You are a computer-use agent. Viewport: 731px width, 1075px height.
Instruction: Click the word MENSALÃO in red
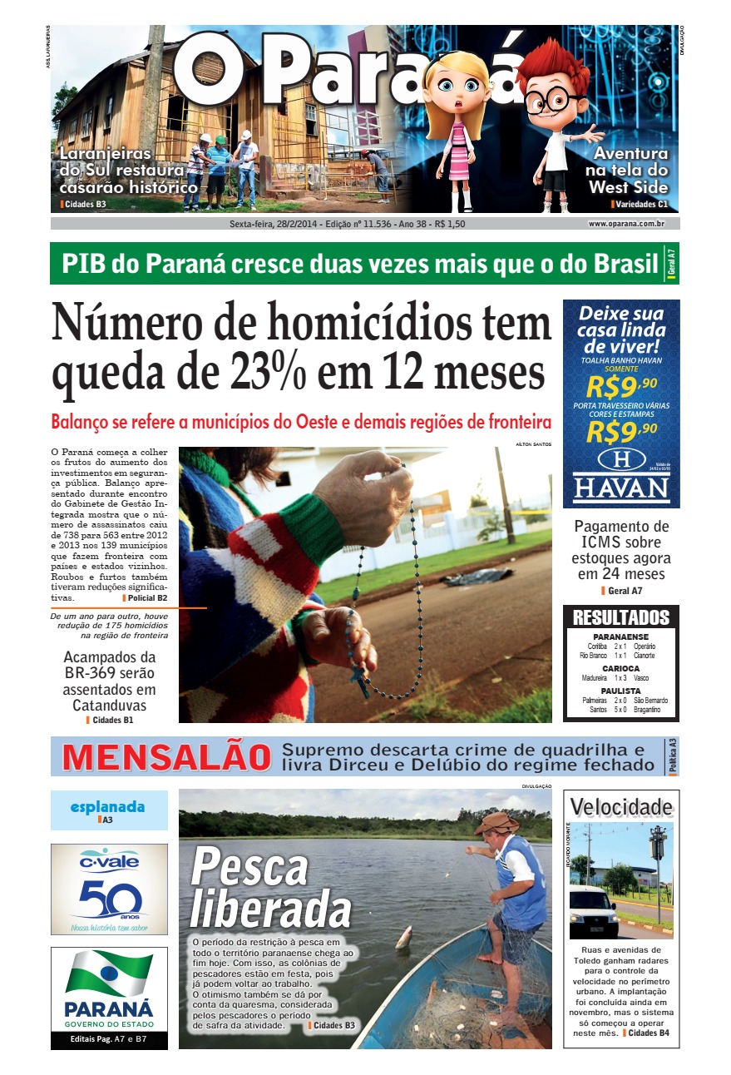pos(166,758)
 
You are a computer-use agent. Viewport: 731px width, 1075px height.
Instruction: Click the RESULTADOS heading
pos(620,618)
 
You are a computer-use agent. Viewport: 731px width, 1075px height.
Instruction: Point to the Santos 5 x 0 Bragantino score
pos(620,710)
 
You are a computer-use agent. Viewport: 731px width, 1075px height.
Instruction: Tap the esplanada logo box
pos(109,810)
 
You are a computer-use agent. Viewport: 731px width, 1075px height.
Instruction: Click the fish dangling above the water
pos(403,937)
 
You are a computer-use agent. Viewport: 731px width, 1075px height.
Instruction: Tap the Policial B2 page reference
pos(146,598)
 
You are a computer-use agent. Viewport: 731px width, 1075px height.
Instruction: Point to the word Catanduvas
pos(109,706)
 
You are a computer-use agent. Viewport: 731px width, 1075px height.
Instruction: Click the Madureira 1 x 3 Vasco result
pos(620,678)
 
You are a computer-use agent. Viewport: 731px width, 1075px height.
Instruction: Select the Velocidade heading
pos(621,806)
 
